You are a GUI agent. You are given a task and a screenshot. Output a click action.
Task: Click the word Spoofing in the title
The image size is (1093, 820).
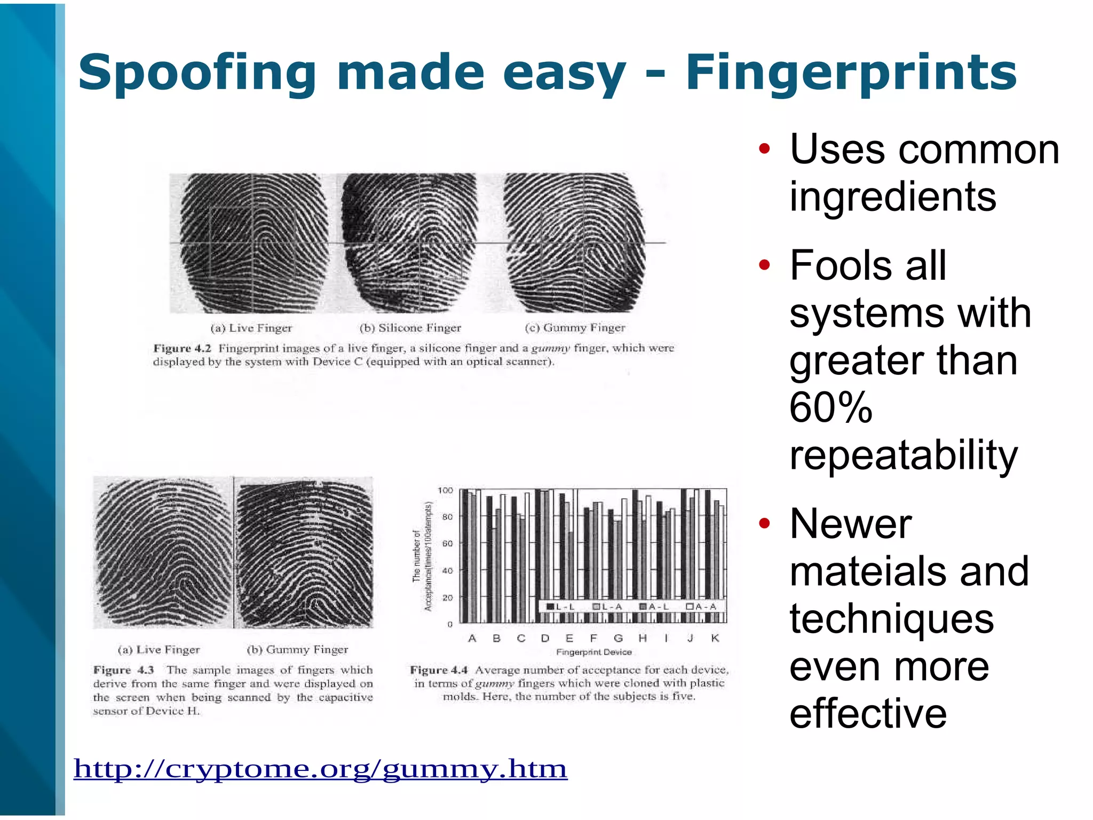coord(197,73)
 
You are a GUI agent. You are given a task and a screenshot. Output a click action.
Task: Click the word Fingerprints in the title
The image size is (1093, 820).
coord(851,73)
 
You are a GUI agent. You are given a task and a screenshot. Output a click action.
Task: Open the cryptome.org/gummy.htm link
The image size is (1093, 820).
coord(320,769)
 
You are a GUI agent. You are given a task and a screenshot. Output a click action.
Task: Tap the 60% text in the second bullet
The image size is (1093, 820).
coord(830,408)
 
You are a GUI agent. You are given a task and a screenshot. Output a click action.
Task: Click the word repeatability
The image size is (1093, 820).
coord(903,455)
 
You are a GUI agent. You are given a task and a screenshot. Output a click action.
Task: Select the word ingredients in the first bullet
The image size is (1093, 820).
coord(892,196)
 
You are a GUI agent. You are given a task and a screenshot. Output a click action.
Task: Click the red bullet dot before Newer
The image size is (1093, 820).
coord(764,523)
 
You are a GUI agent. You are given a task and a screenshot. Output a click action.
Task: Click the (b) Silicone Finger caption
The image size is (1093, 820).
coord(410,328)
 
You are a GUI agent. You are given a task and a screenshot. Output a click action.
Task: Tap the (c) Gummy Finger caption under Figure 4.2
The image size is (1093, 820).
coord(575,327)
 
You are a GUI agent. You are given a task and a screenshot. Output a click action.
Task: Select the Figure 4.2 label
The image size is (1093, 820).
coord(182,349)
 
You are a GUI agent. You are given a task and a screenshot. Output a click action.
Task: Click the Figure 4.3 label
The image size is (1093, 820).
coord(123,670)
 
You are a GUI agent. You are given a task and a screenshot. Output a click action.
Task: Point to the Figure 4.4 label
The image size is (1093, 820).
coord(439,670)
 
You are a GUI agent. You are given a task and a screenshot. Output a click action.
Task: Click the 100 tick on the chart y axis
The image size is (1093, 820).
coord(445,490)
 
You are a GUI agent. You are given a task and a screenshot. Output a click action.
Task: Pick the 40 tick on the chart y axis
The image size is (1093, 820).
coord(447,571)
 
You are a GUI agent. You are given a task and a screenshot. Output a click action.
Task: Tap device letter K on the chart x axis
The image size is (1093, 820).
coord(715,638)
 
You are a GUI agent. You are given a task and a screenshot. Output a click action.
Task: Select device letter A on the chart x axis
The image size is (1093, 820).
coord(472,638)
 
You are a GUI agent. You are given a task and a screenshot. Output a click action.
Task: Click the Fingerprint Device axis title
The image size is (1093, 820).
coord(593,652)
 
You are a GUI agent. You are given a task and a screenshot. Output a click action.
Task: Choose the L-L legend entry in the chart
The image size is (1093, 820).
coord(560,606)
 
